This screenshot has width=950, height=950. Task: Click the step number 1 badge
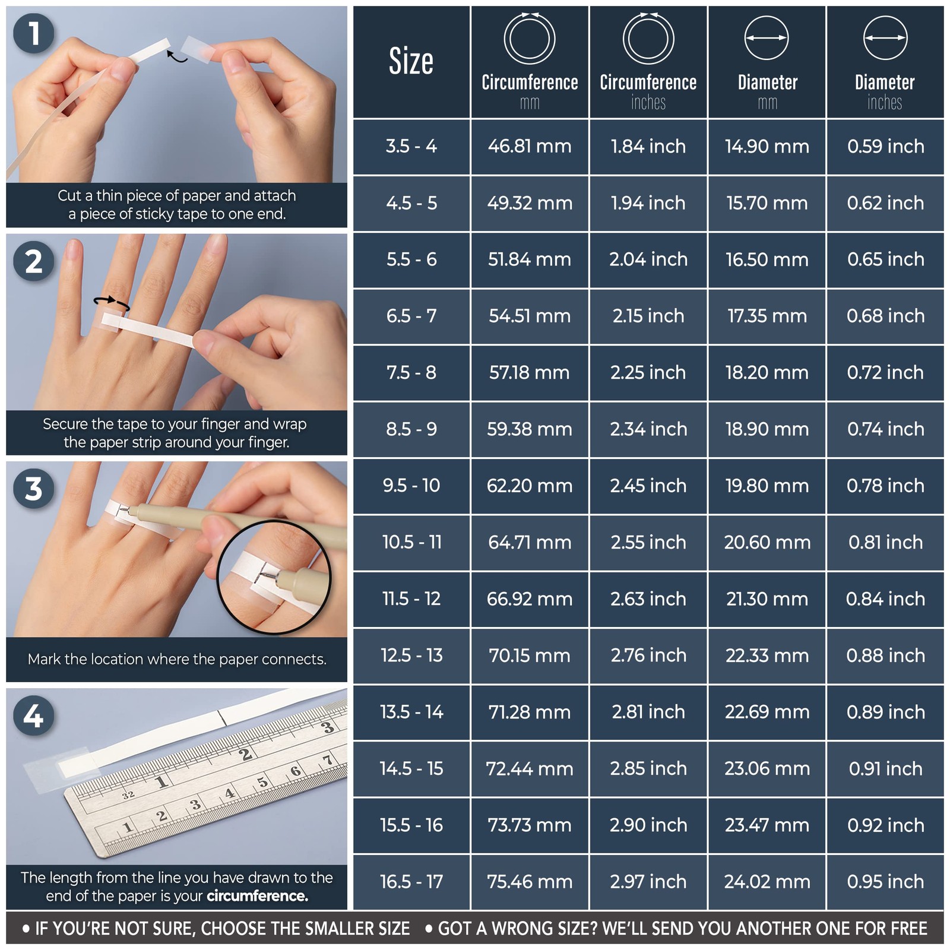tap(33, 33)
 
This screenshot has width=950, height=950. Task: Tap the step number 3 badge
tap(33, 489)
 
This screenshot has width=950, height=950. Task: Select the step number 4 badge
tap(33, 715)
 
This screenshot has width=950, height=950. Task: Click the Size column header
tap(411, 61)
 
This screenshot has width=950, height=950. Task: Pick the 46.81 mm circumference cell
tap(530, 146)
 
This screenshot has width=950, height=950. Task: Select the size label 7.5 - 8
tap(411, 372)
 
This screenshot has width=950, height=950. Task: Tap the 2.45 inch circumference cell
tap(648, 486)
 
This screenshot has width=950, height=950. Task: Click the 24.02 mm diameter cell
tap(767, 882)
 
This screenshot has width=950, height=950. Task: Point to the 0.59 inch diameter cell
tap(885, 146)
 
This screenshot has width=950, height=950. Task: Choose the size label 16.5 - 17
tap(411, 882)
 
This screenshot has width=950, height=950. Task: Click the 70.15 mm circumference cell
tap(530, 655)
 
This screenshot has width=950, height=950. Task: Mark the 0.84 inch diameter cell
tap(885, 598)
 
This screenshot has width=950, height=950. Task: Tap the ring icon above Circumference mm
tap(530, 39)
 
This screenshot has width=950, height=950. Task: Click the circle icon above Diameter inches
tap(885, 38)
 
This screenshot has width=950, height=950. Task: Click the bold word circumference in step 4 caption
tap(257, 896)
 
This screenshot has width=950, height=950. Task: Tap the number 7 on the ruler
tap(327, 761)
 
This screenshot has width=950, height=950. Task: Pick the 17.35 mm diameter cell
tap(767, 316)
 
